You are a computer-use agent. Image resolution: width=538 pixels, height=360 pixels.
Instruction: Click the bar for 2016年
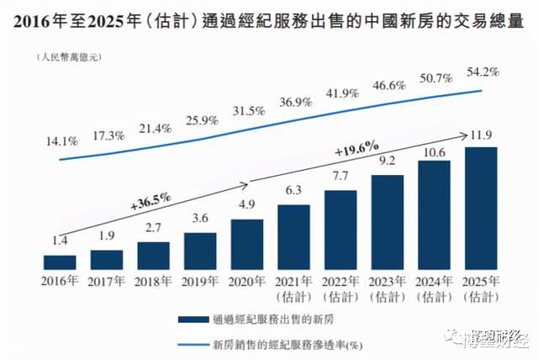pos(60,261)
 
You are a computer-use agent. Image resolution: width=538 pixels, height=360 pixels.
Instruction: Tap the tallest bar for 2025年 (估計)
pos(480,207)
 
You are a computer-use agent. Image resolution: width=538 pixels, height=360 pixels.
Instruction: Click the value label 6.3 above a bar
pos(293,191)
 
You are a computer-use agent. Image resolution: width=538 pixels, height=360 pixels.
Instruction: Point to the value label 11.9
pos(480,135)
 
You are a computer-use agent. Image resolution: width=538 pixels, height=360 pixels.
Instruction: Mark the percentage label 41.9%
pos(340,93)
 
